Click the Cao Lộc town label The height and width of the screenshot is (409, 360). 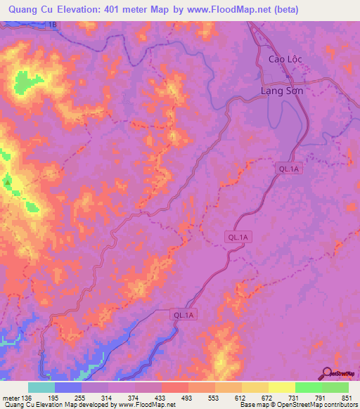point(285,59)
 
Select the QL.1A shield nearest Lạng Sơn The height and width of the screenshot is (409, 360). point(288,169)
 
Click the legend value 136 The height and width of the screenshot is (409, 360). point(26,398)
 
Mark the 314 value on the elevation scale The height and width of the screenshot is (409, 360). point(106,398)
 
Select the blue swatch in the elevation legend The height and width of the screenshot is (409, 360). point(67,387)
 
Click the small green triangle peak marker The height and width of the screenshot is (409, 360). point(8,182)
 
